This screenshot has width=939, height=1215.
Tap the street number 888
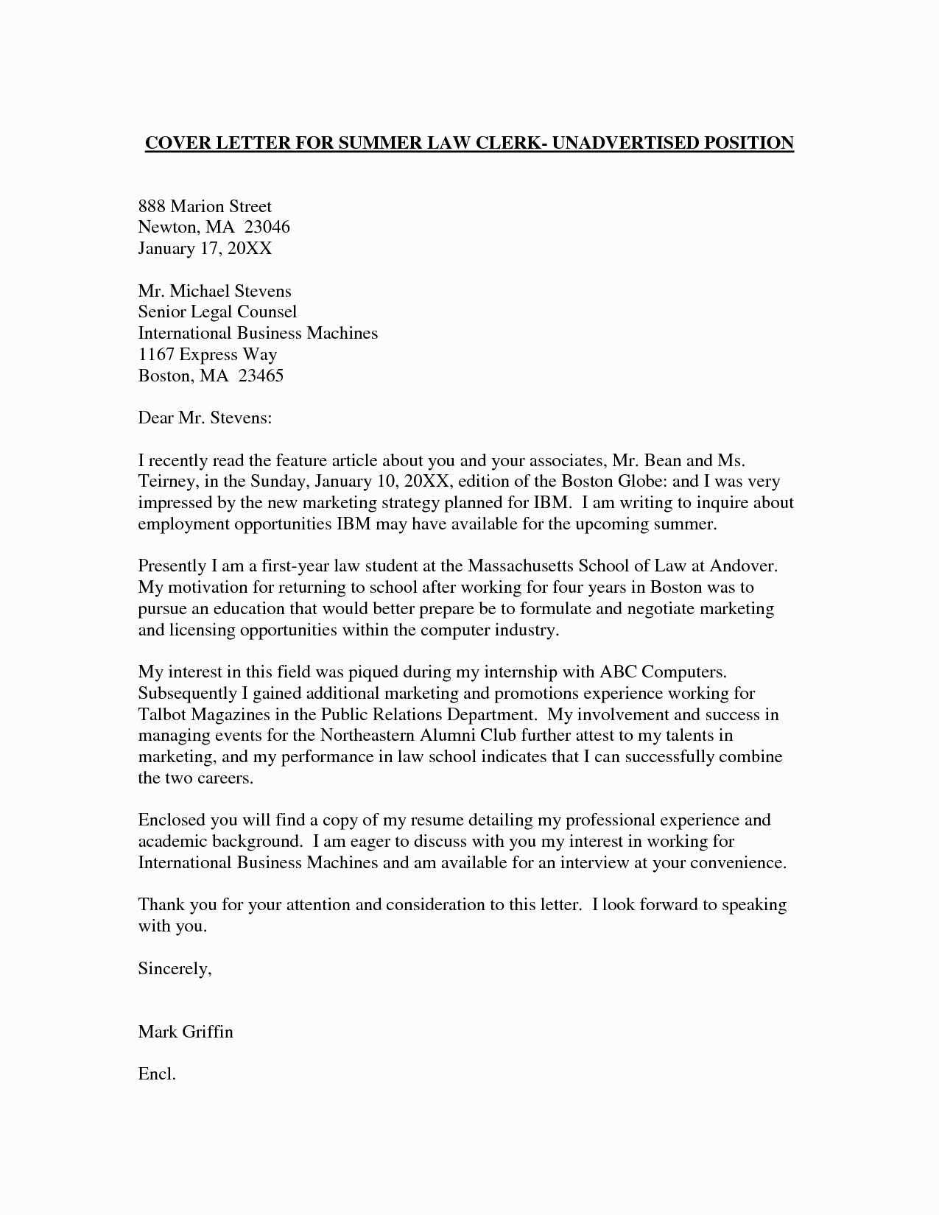[x=151, y=206]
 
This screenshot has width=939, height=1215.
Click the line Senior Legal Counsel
[x=217, y=312]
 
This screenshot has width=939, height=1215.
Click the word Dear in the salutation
[x=155, y=418]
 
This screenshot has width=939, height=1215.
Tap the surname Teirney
[x=167, y=482]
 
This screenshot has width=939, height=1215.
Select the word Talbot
[x=162, y=714]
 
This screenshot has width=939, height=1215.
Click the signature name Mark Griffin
[x=186, y=1032]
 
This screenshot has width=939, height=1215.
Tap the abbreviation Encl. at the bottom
[x=157, y=1074]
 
